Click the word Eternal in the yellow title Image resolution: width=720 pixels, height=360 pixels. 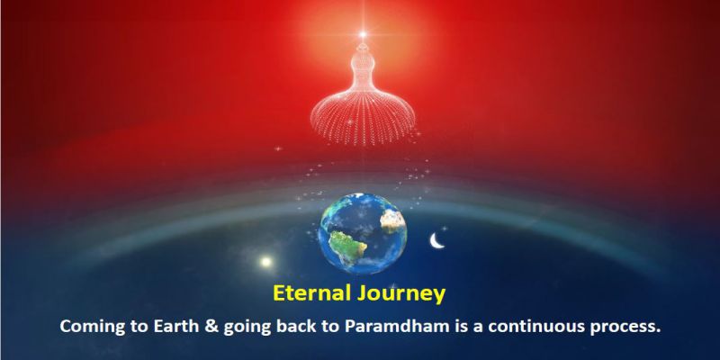point(312,292)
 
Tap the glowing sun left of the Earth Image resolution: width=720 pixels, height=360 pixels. point(265,262)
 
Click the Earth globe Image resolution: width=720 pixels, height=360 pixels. point(363,233)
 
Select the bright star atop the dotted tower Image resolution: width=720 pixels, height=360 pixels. point(363,34)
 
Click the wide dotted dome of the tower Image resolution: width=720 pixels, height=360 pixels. point(363,118)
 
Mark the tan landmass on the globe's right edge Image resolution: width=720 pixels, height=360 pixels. point(393,221)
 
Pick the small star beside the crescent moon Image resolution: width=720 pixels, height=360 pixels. point(444,228)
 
